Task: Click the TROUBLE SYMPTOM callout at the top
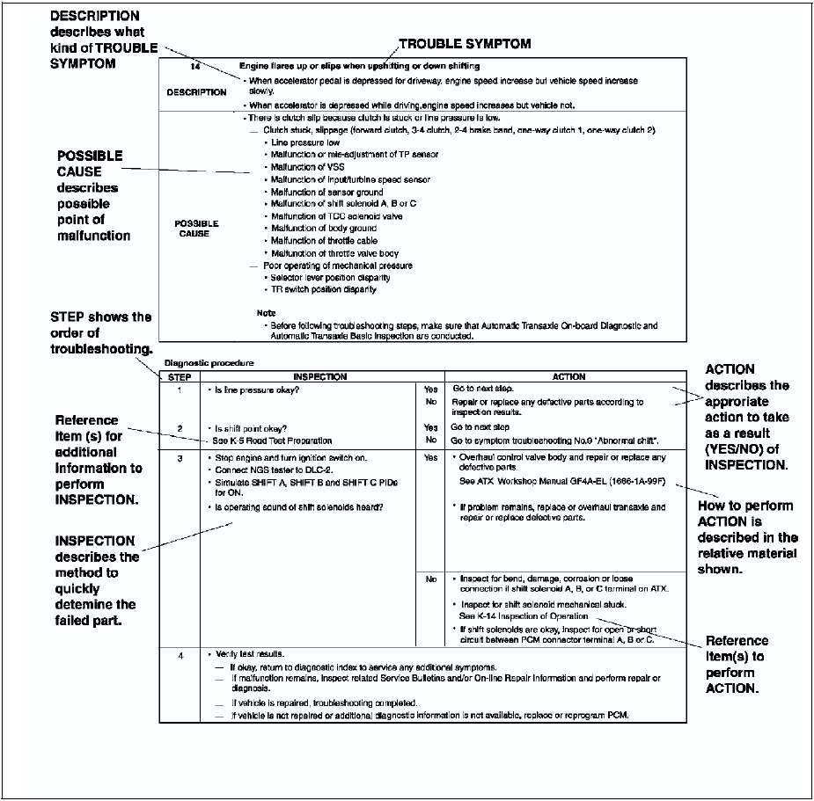point(465,43)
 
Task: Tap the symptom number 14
point(196,67)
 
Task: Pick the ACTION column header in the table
point(568,376)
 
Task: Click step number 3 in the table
point(179,458)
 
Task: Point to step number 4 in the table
point(179,656)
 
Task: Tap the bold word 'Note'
point(265,313)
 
